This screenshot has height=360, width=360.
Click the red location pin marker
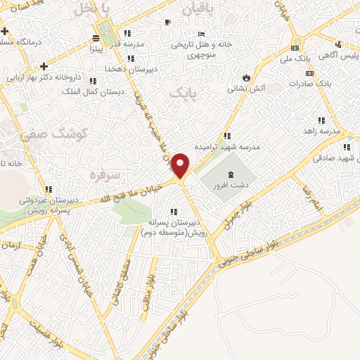coord(181,167)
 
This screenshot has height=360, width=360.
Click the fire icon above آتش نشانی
coord(245,77)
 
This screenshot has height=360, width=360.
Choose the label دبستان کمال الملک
coord(93,91)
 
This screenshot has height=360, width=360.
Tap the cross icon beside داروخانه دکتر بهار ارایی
coord(44,67)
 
